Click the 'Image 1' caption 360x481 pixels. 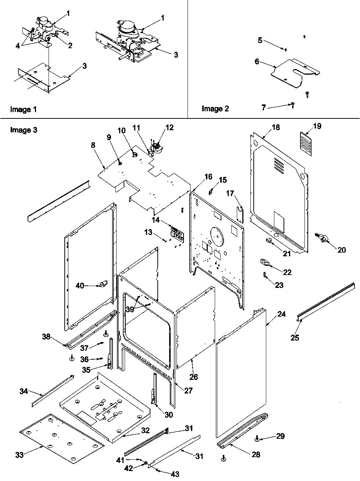click(23, 109)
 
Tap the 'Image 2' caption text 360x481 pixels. click(215, 108)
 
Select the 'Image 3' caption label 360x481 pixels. click(23, 129)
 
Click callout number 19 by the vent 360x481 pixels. click(317, 126)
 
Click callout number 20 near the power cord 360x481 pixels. click(341, 250)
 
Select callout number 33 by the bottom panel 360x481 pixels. click(19, 455)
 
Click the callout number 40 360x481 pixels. click(80, 285)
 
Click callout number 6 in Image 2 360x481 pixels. click(257, 62)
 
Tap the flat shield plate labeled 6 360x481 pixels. click(291, 70)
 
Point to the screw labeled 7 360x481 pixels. click(293, 105)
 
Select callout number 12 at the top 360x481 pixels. click(169, 128)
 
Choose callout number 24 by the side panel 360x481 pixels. click(281, 314)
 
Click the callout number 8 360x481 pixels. click(93, 145)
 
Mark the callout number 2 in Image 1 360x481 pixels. click(70, 46)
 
